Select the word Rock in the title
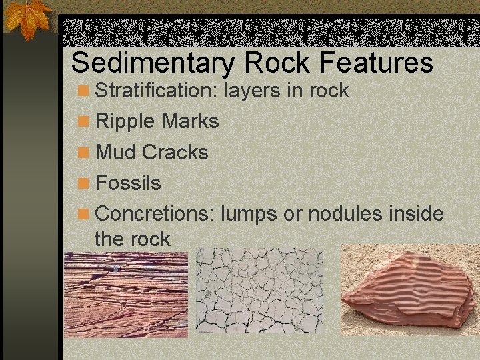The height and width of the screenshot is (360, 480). [x=278, y=63]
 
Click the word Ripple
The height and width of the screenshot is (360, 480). [x=126, y=121]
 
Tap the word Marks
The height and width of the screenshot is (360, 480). [x=190, y=121]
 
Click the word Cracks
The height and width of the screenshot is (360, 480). [x=175, y=152]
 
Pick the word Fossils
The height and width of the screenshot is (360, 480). [x=129, y=183]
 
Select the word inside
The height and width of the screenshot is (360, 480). [x=417, y=214]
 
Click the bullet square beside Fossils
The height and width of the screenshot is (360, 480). [x=83, y=183]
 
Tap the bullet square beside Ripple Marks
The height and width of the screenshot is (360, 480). [x=83, y=122]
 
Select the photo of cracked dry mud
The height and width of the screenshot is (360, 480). [x=259, y=291]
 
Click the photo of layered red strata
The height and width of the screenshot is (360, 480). [x=125, y=294]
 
